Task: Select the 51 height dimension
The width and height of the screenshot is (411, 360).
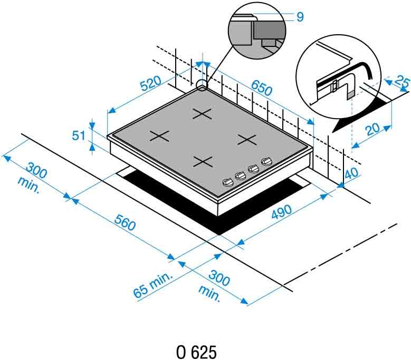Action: [79, 136]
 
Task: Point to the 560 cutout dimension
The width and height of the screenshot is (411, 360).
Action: [125, 223]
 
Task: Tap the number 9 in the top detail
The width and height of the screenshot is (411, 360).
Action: [300, 17]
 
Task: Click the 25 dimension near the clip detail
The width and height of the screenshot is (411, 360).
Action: [402, 82]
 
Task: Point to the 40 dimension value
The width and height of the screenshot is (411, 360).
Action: [351, 172]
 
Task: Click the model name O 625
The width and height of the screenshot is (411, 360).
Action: [197, 352]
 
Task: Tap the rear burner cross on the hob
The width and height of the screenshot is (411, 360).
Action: [202, 114]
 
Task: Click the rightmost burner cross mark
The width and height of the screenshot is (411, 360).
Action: [246, 140]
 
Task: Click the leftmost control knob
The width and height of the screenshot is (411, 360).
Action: [228, 182]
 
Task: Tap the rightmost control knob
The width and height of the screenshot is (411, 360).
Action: [267, 161]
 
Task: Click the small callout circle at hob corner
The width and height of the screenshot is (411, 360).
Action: [202, 85]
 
